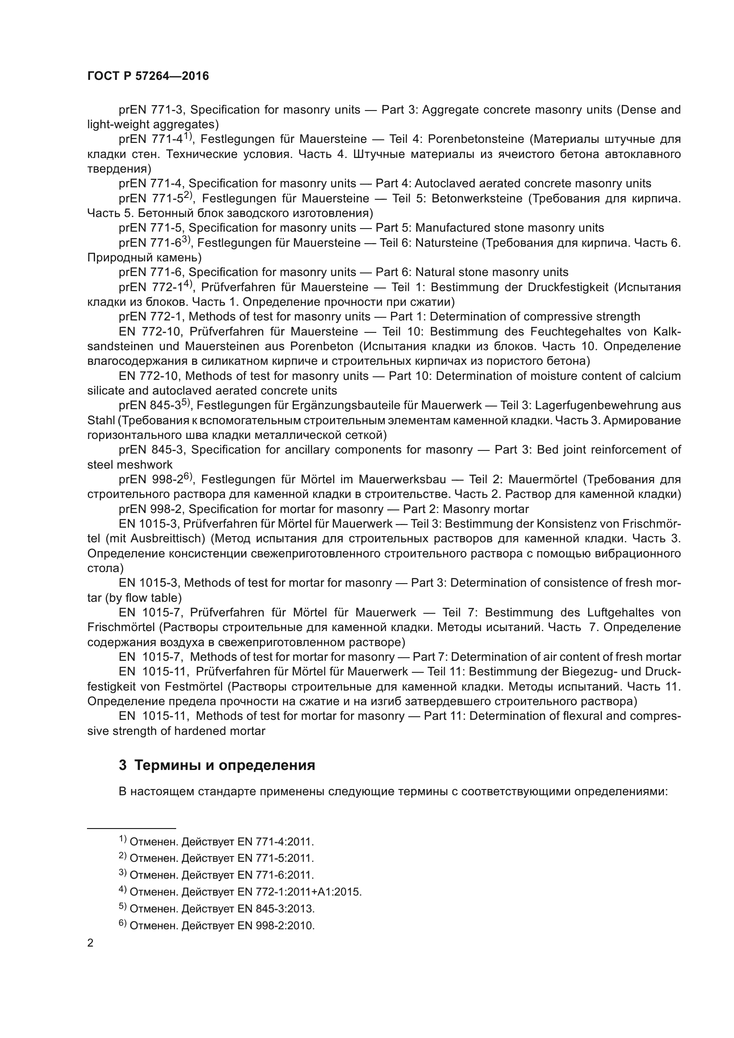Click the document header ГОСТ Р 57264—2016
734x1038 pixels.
(x=148, y=76)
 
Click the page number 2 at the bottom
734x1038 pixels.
(x=91, y=943)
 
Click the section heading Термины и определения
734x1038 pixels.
(x=217, y=766)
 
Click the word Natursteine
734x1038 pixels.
(x=446, y=243)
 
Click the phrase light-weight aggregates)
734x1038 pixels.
(x=153, y=124)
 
